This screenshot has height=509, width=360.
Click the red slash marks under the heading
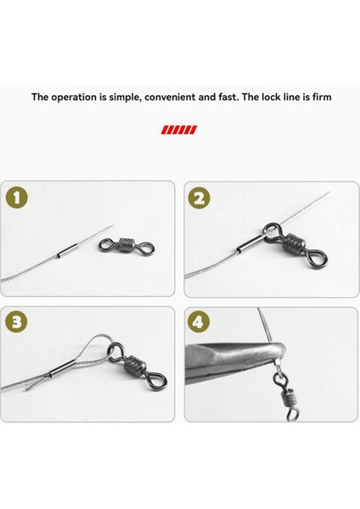(x=180, y=130)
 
